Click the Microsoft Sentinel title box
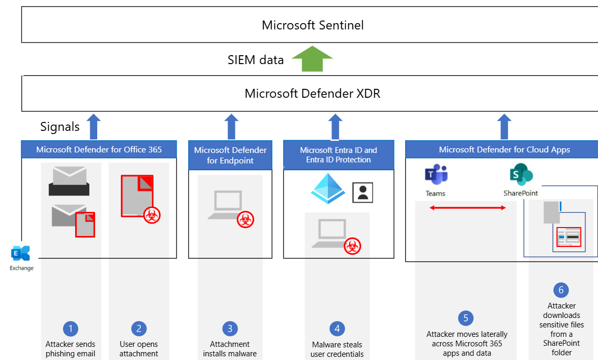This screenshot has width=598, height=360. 312,25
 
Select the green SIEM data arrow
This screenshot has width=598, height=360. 313,58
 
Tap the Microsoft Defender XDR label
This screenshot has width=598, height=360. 312,94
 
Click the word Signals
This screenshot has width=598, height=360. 60,127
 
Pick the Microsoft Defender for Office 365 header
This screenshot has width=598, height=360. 99,149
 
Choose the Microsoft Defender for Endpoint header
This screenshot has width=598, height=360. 230,155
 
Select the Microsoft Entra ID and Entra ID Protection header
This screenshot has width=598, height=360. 338,155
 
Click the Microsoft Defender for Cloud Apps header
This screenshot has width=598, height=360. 504,150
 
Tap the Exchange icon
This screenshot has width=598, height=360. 21,253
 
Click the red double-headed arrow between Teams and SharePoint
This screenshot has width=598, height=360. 468,208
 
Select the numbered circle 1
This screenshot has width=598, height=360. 70,329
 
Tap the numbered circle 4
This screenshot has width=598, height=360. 337,329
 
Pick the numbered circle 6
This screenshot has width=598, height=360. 561,290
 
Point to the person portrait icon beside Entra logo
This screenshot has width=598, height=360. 363,192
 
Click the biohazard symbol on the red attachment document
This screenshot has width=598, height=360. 152,214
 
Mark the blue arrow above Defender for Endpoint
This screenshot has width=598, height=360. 230,127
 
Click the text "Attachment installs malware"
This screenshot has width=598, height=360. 230,349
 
